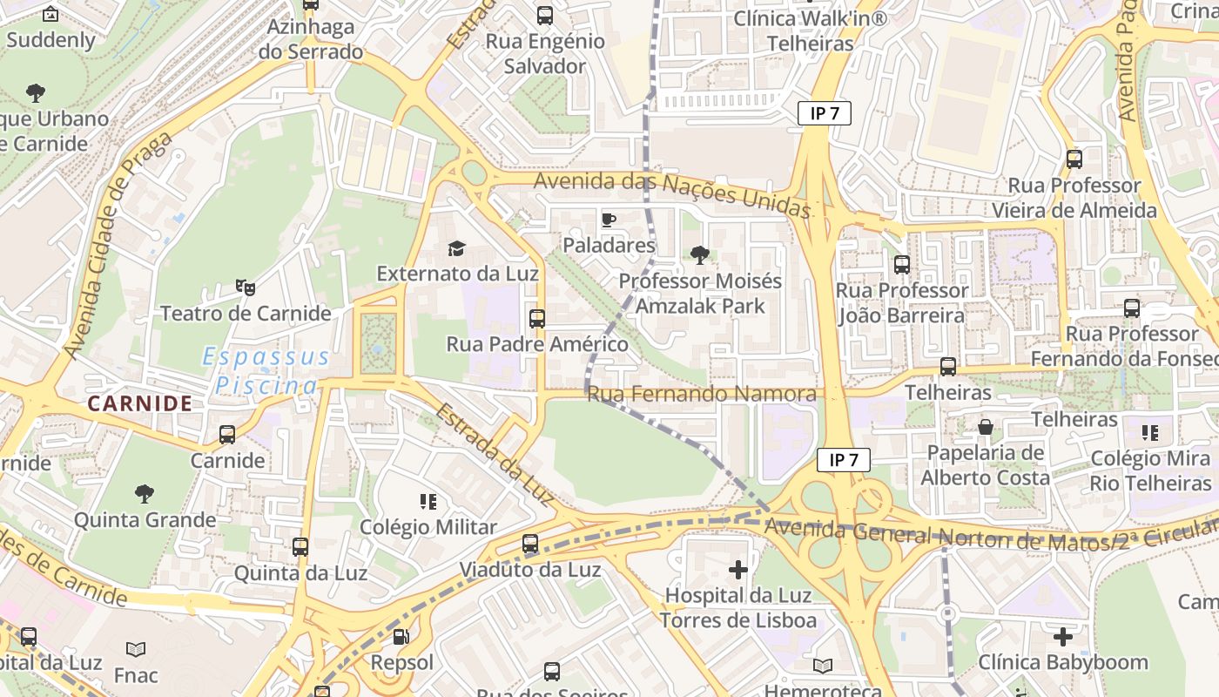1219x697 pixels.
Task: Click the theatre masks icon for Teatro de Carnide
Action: click(246, 287)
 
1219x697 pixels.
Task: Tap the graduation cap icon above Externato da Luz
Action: click(457, 248)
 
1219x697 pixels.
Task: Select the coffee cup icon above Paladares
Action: click(609, 220)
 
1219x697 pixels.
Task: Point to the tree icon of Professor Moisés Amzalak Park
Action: click(699, 254)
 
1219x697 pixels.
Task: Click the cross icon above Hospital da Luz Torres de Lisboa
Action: click(738, 570)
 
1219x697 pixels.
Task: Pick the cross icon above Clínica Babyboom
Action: click(1063, 636)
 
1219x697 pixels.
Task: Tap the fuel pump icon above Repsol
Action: click(401, 637)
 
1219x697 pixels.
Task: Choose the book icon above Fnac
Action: click(136, 649)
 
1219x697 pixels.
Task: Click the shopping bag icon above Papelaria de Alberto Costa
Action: click(986, 427)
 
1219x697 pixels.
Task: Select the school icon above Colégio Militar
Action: click(428, 501)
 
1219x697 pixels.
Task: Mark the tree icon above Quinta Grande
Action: click(145, 494)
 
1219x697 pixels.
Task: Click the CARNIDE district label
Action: click(140, 403)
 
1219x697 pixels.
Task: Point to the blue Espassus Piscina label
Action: click(266, 370)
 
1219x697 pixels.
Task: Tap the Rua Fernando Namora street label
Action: click(702, 395)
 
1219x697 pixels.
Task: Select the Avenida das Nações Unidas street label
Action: click(672, 193)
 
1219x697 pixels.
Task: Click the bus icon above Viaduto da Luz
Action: click(530, 545)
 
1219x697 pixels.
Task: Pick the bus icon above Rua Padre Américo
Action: click(537, 319)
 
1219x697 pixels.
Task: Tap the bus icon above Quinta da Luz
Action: click(300, 547)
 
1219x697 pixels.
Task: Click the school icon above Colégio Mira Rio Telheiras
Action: click(1149, 433)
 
